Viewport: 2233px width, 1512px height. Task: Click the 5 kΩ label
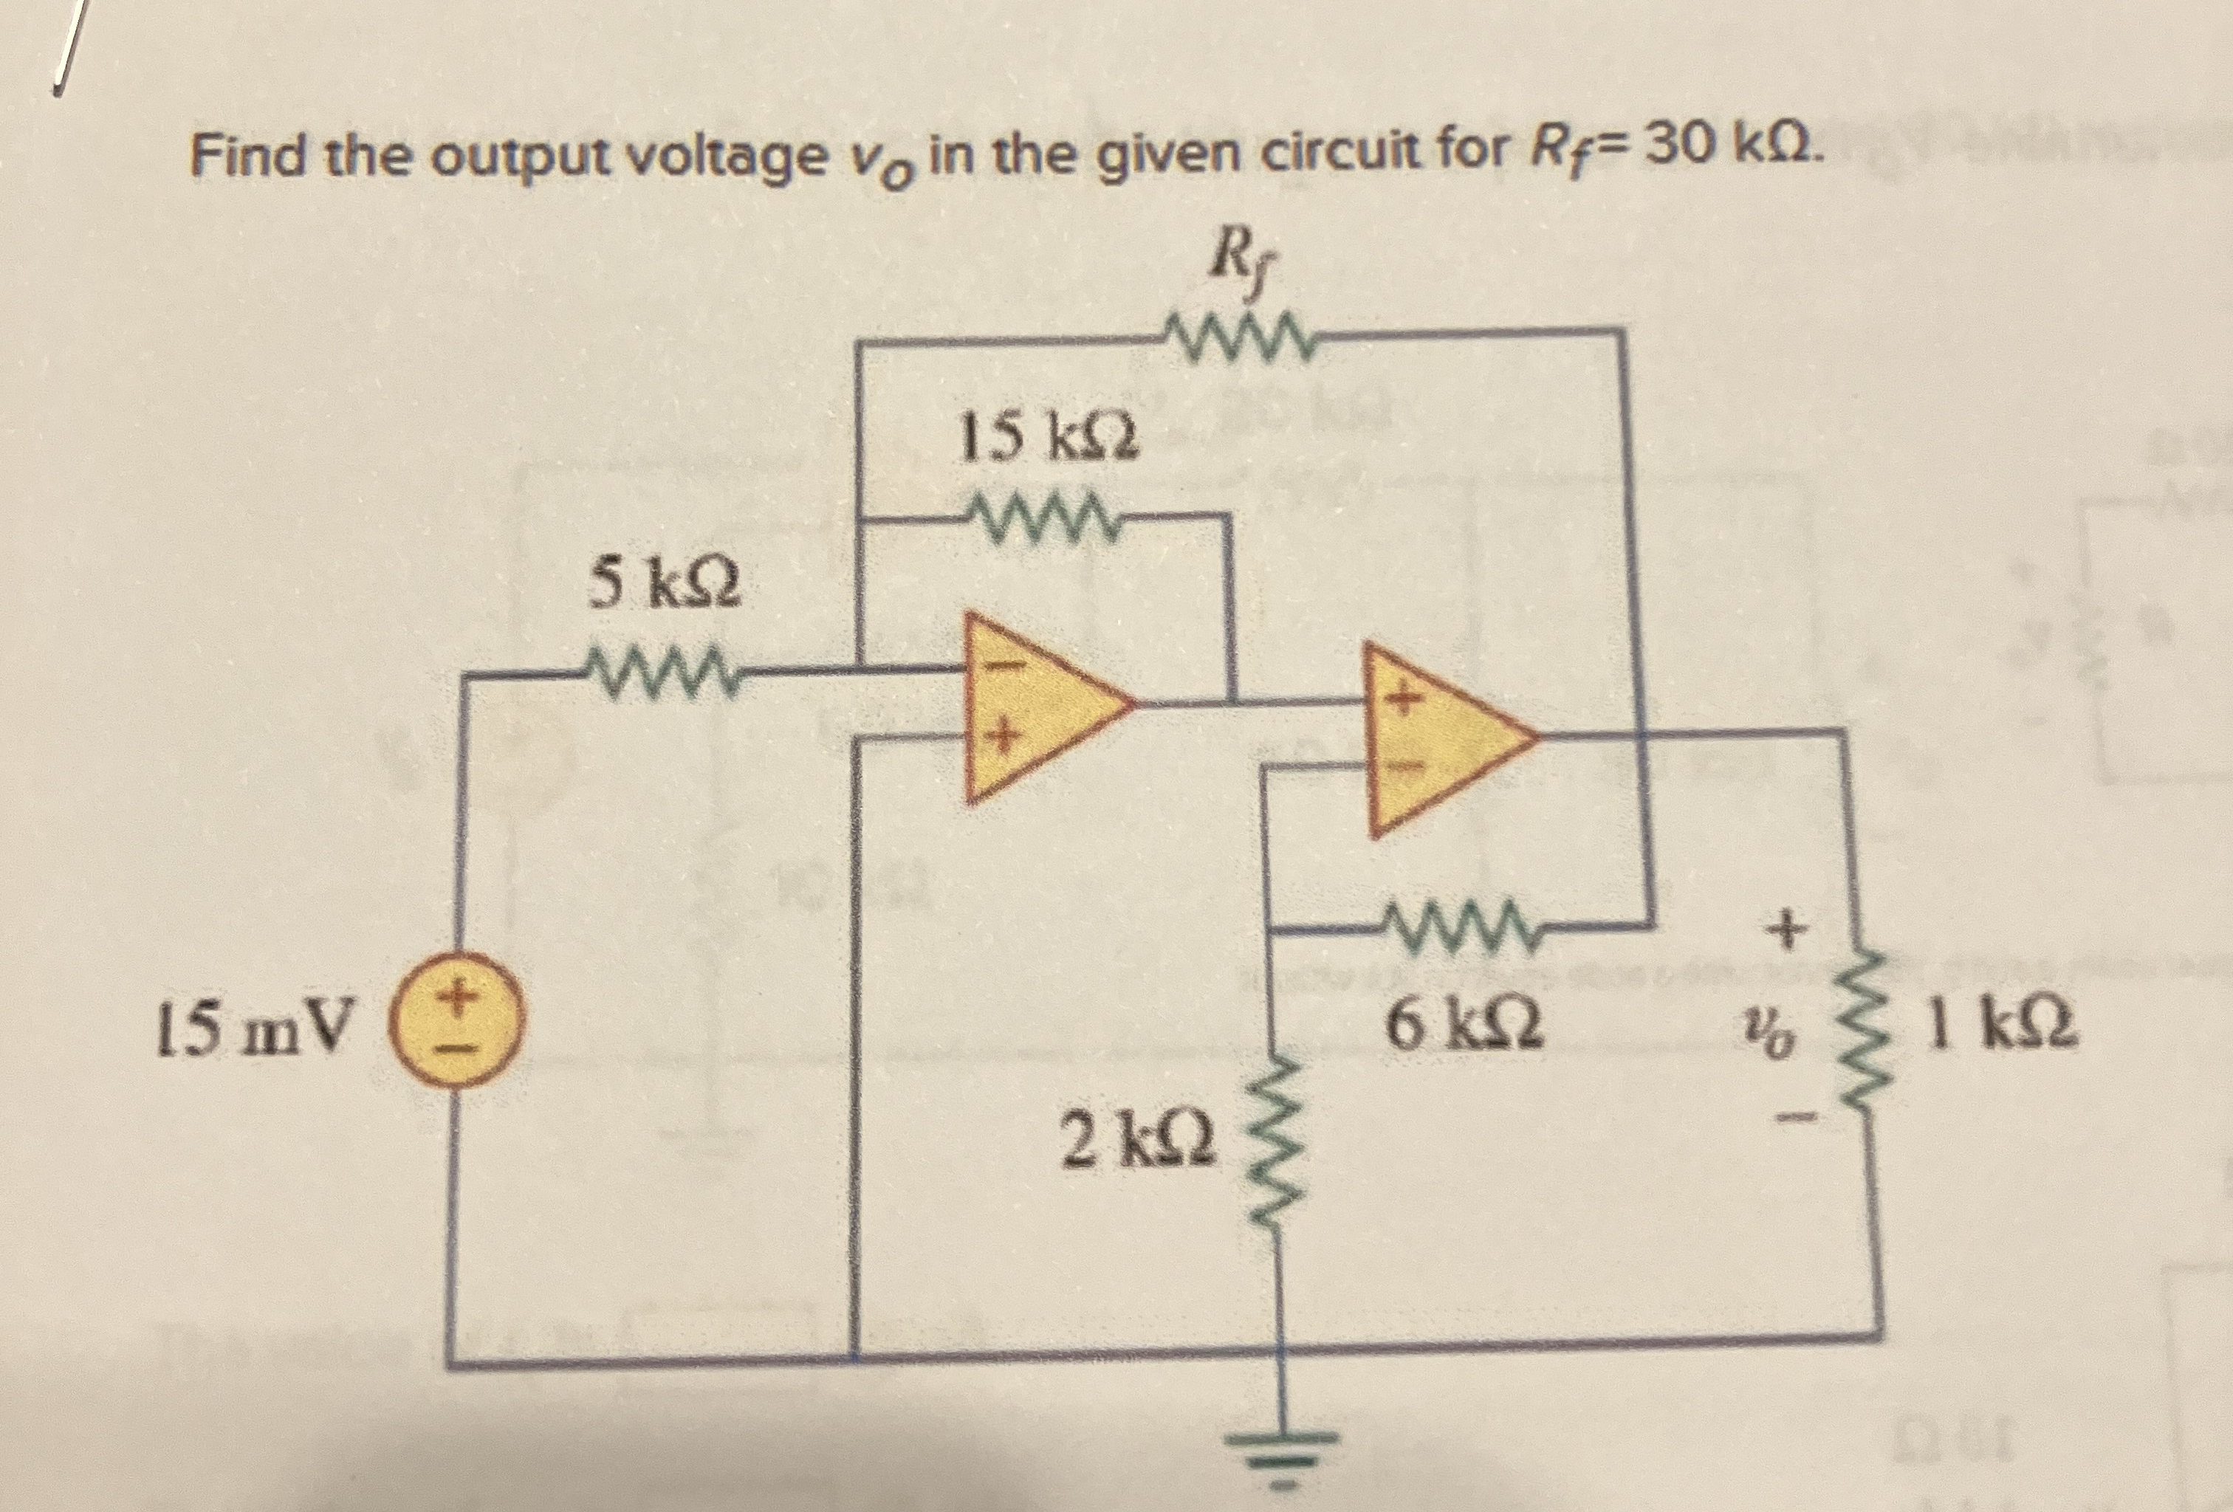(664, 584)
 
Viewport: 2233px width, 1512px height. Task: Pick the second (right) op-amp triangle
(1441, 738)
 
